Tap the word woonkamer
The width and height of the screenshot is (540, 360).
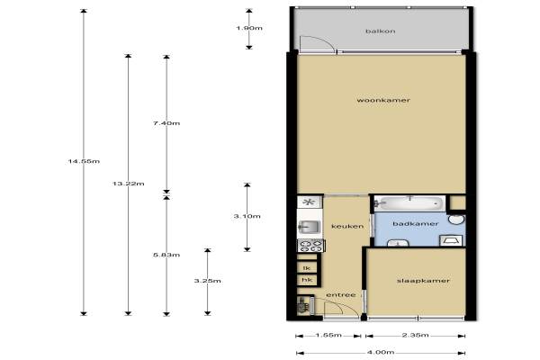383,100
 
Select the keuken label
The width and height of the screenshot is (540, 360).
347,226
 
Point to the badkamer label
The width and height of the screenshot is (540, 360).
415,224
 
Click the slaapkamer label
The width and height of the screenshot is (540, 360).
423,281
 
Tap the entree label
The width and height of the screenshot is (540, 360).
341,295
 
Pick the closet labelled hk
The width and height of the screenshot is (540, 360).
307,280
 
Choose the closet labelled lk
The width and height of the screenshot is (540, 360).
307,267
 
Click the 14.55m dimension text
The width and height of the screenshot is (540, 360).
84,161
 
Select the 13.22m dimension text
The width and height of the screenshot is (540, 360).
128,184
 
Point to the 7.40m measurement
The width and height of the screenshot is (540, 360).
166,123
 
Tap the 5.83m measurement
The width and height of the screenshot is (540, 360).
166,256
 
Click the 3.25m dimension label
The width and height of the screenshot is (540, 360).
207,281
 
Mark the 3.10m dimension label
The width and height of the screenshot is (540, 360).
247,216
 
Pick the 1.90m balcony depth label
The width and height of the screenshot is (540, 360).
249,28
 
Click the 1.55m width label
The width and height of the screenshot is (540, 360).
328,335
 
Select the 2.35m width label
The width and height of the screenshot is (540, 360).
415,335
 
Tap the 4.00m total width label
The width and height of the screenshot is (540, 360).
381,353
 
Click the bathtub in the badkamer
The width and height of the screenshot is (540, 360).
409,203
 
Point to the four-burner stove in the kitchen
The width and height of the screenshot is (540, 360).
310,246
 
